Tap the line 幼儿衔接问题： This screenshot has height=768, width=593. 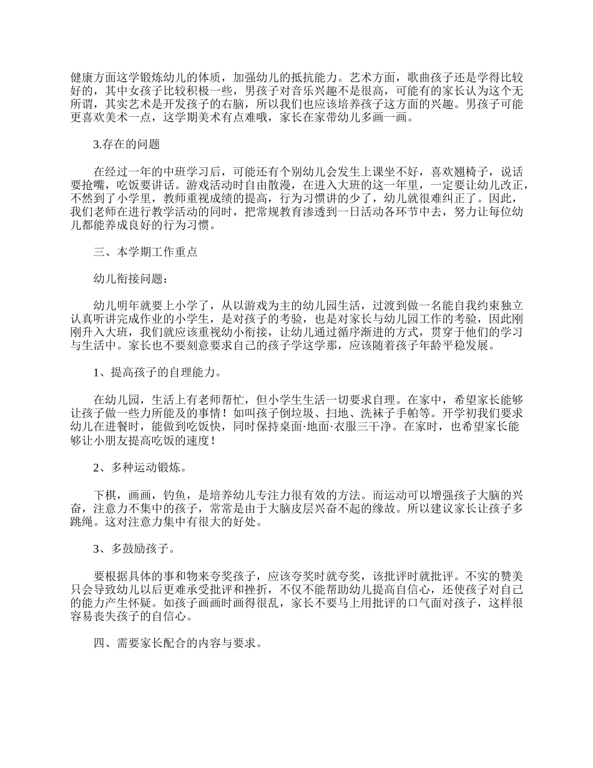point(130,279)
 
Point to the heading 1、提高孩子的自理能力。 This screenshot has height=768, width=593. point(157,373)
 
